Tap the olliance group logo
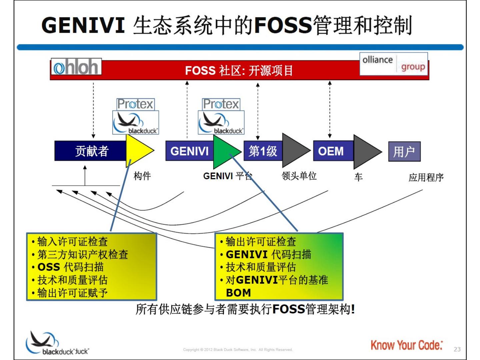tap(394, 64)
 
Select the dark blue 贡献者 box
tap(91, 151)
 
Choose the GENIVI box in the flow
tap(189, 151)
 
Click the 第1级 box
tap(263, 151)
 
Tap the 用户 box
tap(404, 152)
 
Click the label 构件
tap(142, 176)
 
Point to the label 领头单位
tap(299, 176)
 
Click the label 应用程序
tap(426, 177)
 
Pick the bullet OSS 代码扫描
tap(71, 267)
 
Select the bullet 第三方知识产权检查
tap(82, 254)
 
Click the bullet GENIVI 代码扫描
tap(268, 254)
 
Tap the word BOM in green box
tap(238, 293)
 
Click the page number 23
tap(457, 349)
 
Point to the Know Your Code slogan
tap(407, 345)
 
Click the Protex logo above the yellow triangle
tap(135, 104)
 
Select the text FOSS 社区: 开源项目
tap(239, 71)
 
